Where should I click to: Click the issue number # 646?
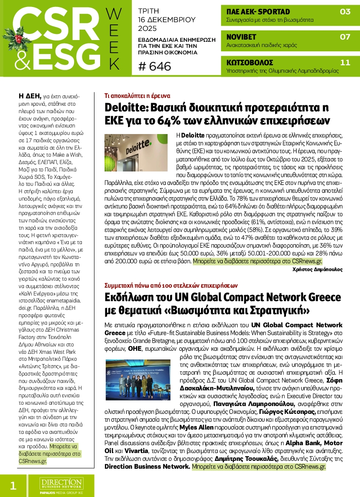click(x=155, y=66)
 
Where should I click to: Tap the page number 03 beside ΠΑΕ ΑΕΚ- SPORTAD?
click(x=345, y=12)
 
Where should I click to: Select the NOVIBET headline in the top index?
click(x=241, y=37)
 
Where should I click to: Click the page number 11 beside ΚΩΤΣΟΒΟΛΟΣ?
click(x=345, y=63)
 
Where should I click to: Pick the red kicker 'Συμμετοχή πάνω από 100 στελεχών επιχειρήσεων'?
click(x=171, y=285)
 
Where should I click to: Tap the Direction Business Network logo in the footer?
click(x=61, y=484)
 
